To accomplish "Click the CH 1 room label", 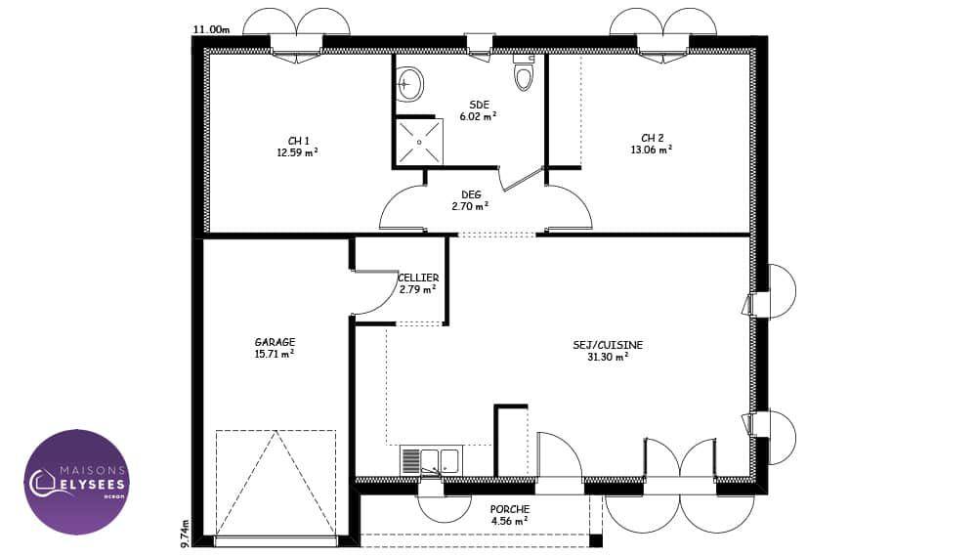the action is point(298,142).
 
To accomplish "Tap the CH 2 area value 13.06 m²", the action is point(652,150).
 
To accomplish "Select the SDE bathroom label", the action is point(479,105).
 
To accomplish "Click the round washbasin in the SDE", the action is point(410,84).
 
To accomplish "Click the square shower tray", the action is point(419,142).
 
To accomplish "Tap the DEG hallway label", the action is point(471,195).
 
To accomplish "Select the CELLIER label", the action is point(418,278).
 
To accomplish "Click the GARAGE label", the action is point(275,342).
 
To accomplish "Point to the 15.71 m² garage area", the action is point(275,354).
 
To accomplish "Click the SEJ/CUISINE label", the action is point(608,345).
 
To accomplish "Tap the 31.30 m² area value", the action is point(608,357).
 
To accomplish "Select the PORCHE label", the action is point(510,510).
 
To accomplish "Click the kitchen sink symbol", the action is point(430,461).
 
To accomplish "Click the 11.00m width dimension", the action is point(211,28).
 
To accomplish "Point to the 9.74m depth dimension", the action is point(185,534).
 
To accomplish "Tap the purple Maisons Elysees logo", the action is point(76,482).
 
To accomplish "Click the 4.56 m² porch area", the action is point(510,522).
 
